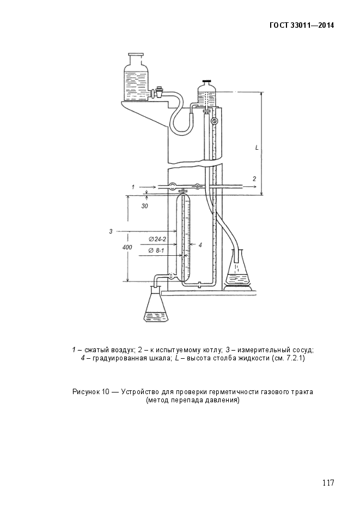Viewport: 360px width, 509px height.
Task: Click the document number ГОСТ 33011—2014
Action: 302,26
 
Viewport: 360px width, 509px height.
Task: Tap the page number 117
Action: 328,483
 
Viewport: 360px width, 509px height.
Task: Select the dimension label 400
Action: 127,247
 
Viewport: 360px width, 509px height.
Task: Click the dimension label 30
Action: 144,206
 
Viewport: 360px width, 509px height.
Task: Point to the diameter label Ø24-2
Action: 157,239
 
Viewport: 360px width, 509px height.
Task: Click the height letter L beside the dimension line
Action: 257,148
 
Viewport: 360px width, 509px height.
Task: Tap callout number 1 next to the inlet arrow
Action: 133,187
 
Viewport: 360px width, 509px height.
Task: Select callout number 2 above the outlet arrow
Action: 254,179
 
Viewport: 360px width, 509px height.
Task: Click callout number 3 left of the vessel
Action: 111,231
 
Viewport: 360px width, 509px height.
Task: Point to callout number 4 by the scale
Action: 200,245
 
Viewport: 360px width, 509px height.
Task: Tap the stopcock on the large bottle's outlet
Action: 159,92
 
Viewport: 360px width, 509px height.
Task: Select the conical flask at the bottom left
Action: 156,305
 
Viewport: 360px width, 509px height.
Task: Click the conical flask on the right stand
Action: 239,269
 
